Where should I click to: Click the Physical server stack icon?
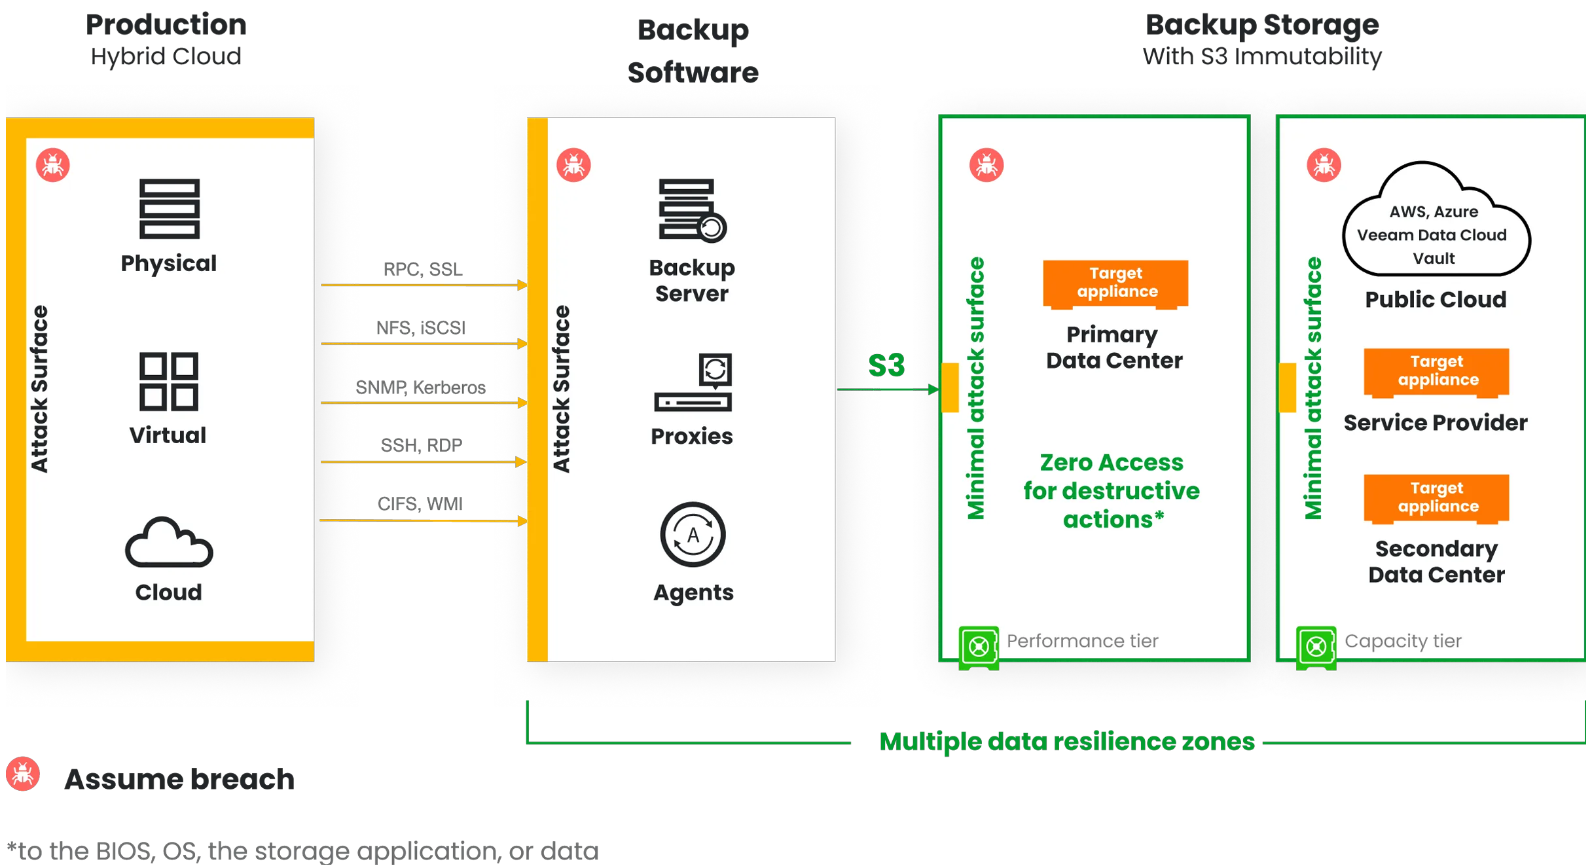[169, 209]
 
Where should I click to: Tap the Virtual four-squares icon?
[168, 382]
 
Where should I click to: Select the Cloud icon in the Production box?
[169, 543]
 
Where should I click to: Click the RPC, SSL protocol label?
[423, 269]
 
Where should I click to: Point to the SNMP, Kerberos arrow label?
[420, 388]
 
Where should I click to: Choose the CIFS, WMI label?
[420, 503]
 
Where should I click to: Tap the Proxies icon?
[693, 383]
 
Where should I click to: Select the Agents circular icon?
[693, 535]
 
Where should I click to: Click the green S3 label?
[886, 365]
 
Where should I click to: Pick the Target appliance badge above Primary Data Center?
[1115, 283]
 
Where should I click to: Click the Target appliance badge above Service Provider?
[1436, 372]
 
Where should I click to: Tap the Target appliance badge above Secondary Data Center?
[1436, 498]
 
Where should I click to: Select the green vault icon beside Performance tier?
[979, 647]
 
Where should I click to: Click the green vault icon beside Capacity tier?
[1316, 647]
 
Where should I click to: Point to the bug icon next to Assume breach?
[23, 774]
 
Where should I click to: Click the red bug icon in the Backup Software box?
[573, 165]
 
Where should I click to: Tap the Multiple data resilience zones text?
[1066, 742]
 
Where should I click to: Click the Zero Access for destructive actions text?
[1112, 491]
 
